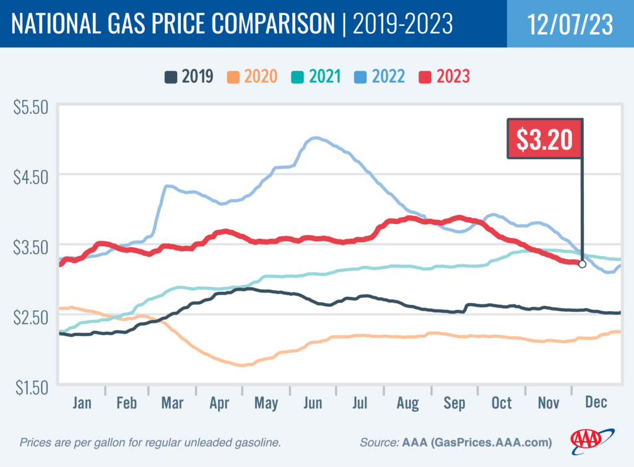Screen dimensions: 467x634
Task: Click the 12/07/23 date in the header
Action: tap(570, 24)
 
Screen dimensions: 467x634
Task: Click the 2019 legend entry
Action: tap(189, 77)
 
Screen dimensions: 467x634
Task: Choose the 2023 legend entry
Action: tap(445, 77)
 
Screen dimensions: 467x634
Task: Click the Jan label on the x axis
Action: tap(82, 403)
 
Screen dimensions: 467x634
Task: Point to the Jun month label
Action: tap(313, 403)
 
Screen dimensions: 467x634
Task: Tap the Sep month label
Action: tap(454, 403)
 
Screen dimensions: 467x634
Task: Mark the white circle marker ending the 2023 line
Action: tap(582, 264)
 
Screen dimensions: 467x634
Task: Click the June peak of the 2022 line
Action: tap(315, 138)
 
